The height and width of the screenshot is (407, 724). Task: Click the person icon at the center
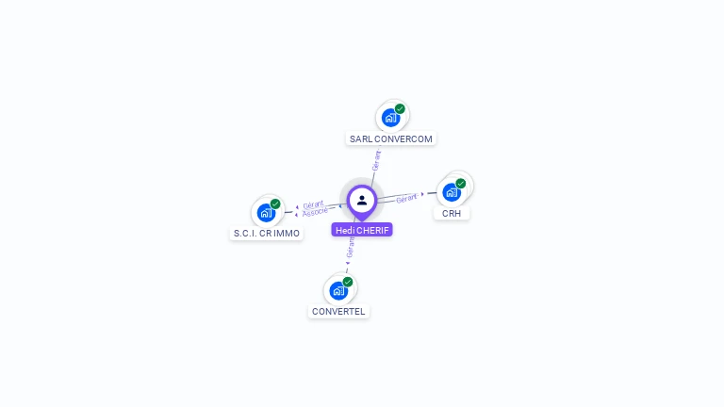[362, 200]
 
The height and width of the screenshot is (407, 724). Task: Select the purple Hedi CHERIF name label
[362, 230]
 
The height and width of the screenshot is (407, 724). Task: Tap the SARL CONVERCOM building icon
[390, 118]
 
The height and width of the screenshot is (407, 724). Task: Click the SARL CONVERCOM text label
[391, 138]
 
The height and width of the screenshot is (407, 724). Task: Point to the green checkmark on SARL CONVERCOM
[400, 108]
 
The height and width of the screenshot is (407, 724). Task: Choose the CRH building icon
[452, 192]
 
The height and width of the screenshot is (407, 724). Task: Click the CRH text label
[452, 214]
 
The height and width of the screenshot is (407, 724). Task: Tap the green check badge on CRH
[461, 184]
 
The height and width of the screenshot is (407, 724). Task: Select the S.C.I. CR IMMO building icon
[266, 213]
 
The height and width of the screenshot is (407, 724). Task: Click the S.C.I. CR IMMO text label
[267, 234]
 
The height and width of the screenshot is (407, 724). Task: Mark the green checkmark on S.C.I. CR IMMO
[275, 203]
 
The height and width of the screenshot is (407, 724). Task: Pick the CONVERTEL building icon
[338, 290]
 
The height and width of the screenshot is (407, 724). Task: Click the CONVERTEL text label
[338, 312]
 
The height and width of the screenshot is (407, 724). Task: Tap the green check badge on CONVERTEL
[348, 282]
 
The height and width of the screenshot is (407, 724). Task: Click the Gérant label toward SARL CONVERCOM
[376, 160]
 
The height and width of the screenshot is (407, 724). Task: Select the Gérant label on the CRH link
[406, 198]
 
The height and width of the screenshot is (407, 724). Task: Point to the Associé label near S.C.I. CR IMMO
[316, 211]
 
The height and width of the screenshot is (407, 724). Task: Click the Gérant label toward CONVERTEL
[351, 247]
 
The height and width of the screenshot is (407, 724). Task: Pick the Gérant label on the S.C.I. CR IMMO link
[313, 203]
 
